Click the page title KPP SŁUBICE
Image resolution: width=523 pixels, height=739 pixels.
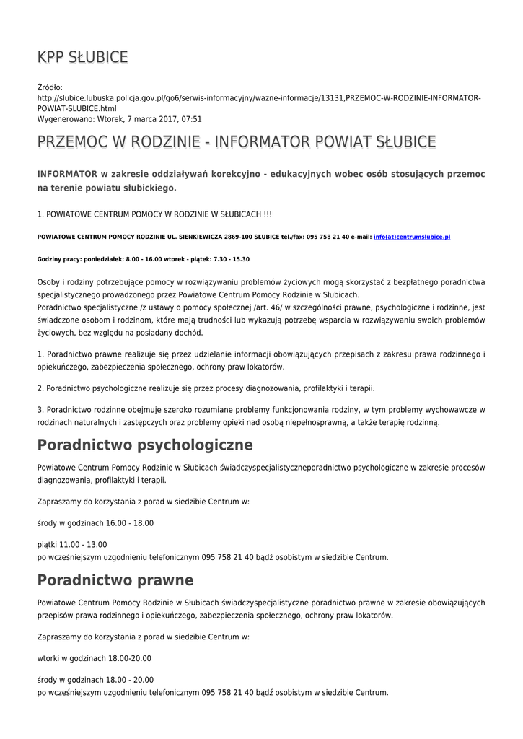[x=83, y=57]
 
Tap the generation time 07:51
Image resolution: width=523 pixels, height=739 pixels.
[x=191, y=119]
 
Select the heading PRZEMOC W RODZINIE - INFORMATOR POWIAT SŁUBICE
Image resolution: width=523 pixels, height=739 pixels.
[x=236, y=141]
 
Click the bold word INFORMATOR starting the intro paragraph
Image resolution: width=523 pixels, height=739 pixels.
[x=68, y=174]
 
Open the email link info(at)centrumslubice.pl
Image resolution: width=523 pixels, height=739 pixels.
[x=412, y=237]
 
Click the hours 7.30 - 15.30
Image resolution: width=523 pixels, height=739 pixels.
[x=232, y=259]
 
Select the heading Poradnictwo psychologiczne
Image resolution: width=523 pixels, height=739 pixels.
[x=144, y=445]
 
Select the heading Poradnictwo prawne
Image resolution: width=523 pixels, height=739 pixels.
[x=115, y=580]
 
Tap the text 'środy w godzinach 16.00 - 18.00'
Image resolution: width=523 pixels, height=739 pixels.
[x=95, y=523]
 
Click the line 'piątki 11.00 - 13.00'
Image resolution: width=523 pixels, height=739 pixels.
[x=71, y=545]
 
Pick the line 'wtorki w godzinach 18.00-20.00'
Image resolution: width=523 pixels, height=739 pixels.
[x=94, y=658]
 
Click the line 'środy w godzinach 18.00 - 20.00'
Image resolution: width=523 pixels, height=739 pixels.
[x=95, y=680]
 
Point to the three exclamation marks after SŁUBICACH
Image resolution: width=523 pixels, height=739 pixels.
[x=267, y=214]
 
